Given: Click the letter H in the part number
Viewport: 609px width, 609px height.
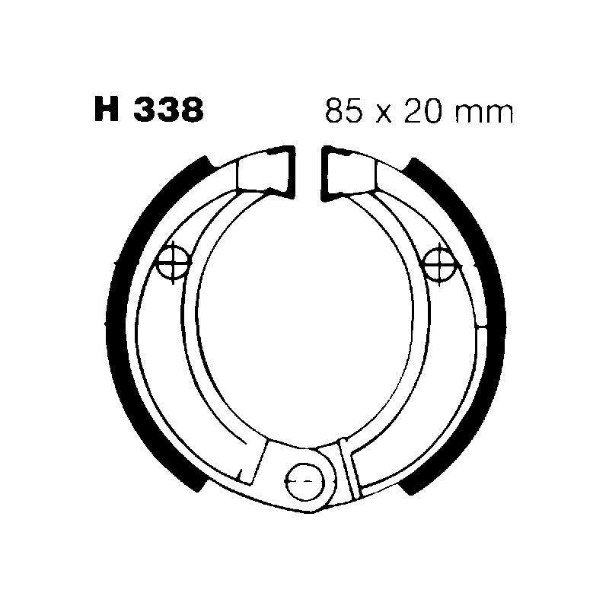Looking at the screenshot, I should coord(107,111).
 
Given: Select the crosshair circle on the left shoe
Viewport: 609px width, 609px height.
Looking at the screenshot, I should coord(171,263).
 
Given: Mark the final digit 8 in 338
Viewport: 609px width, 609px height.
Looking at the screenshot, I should coord(191,111).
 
